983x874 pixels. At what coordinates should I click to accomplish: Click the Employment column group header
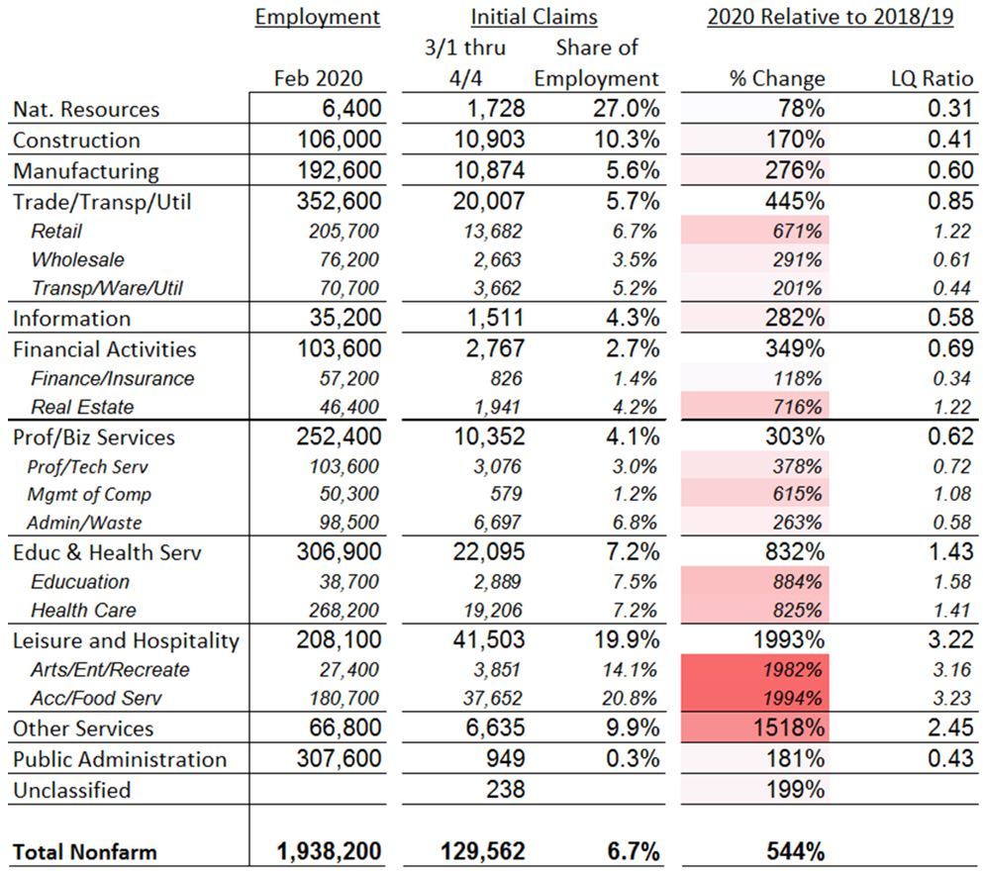tap(317, 18)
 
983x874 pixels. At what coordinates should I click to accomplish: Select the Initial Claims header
tap(534, 18)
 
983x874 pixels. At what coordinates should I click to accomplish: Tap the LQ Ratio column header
tap(933, 79)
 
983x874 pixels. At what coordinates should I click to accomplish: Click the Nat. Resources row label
tap(86, 110)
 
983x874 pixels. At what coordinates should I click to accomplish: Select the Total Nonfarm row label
tap(85, 850)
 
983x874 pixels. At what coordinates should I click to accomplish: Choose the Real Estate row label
tap(82, 407)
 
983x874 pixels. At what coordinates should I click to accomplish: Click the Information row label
tap(71, 319)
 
